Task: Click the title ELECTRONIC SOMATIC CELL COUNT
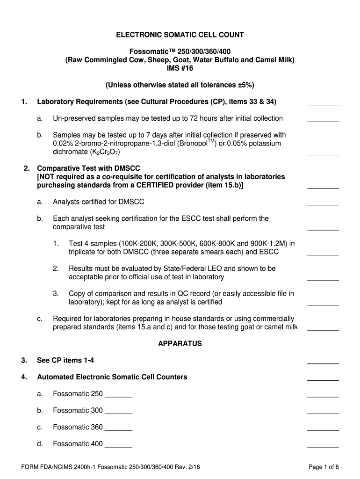[x=180, y=35]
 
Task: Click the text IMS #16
[x=180, y=68]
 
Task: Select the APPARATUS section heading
[x=180, y=344]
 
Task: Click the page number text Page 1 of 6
[x=324, y=467]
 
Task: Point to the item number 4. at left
[x=24, y=377]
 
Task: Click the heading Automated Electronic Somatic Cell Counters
[x=112, y=377]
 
